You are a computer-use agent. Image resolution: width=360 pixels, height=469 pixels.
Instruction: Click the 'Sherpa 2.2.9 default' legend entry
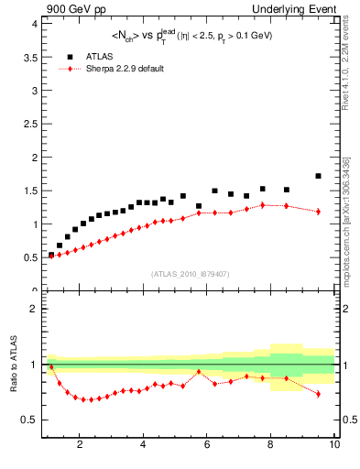pyautogui.click(x=124, y=69)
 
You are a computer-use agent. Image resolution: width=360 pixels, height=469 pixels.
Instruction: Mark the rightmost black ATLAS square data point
pyautogui.click(x=318, y=176)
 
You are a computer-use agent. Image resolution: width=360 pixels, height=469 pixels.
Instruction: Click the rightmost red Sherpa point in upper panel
pyautogui.click(x=318, y=212)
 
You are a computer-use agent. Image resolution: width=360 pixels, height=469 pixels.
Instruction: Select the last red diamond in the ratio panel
pyautogui.click(x=318, y=394)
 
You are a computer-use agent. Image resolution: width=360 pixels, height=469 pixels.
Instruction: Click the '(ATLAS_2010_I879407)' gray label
pyautogui.click(x=189, y=273)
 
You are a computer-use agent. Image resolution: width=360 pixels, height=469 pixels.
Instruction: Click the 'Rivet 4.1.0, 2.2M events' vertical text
pyautogui.click(x=346, y=69)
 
